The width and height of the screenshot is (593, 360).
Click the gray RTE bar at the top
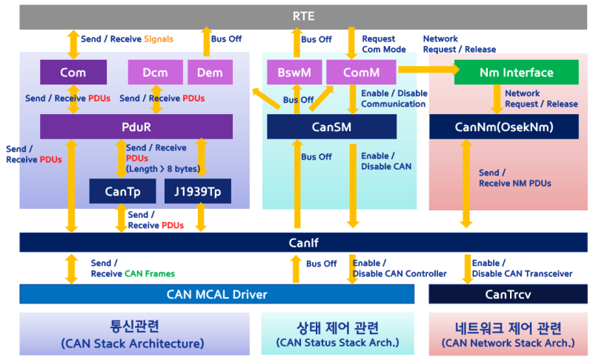pos(303,16)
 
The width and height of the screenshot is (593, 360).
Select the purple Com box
pos(73,73)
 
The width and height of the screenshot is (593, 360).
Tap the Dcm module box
pos(155,73)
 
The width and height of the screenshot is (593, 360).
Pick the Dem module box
pos(210,73)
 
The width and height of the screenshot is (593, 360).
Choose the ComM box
pos(361,73)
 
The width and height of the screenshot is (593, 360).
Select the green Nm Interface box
pos(516,73)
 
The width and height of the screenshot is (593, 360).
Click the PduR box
pos(136,127)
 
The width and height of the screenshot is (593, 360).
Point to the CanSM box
pos(331,127)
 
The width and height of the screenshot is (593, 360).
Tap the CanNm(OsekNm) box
pos(503,127)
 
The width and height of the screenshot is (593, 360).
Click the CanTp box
pos(122,191)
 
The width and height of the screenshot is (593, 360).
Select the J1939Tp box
pos(197,191)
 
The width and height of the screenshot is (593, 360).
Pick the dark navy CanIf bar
pos(303,242)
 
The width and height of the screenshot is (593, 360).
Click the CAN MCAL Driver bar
pos(216,294)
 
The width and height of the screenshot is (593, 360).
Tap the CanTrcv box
pos(508,294)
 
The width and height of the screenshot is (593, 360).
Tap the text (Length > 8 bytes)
pos(163,168)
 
